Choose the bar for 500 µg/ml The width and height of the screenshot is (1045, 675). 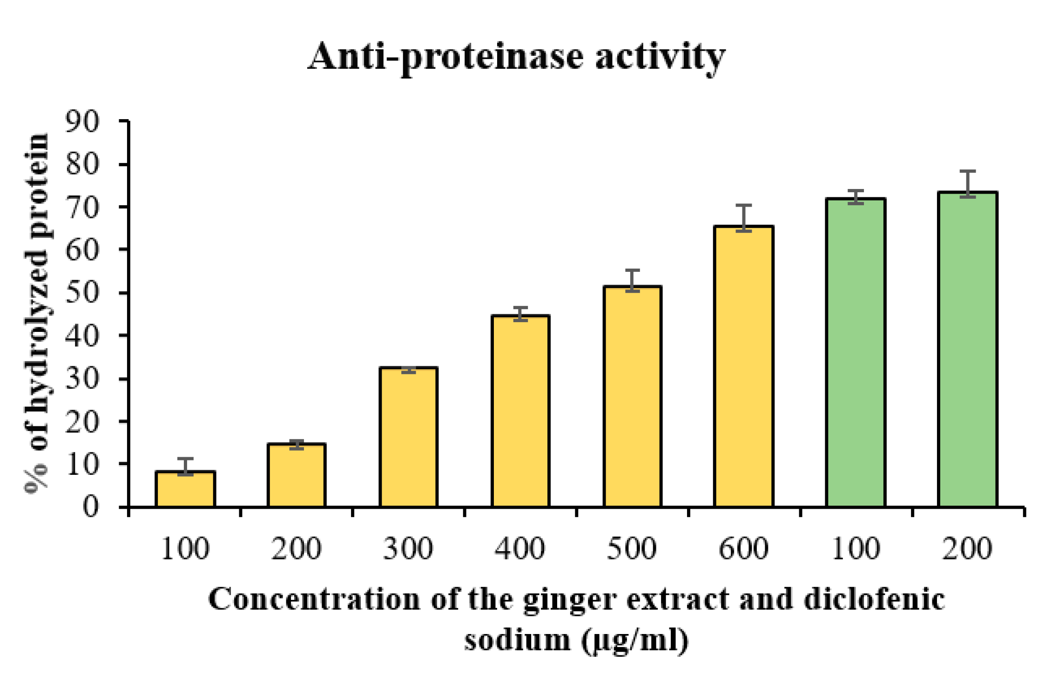point(632,396)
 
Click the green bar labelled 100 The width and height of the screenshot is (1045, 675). point(856,352)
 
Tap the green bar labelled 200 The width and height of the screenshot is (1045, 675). point(968,349)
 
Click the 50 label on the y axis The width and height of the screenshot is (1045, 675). point(82,293)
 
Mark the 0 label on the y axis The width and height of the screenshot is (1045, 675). point(91,506)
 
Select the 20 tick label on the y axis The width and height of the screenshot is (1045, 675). point(82,422)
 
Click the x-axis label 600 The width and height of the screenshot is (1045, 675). point(743,549)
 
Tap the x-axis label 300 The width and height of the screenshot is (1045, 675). point(408,549)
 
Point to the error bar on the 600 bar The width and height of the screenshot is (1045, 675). point(744,217)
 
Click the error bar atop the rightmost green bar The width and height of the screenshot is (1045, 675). point(968,184)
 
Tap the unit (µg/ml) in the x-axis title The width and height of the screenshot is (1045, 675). point(635,641)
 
